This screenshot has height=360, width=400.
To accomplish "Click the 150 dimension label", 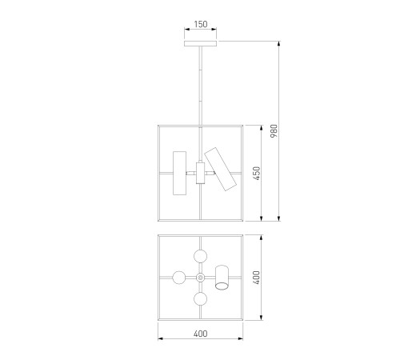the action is point(201,24).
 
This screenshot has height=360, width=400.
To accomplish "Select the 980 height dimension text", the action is point(274,131).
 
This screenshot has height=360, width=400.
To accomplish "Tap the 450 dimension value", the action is point(256,174).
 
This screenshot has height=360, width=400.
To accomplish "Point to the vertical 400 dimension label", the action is point(256,278).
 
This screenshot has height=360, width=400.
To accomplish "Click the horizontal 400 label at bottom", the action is point(201,334).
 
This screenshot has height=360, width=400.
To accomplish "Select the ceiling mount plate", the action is point(200,43).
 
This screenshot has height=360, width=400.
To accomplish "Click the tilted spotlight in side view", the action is point(220,169).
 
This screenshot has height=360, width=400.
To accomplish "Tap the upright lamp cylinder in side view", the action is point(179,173).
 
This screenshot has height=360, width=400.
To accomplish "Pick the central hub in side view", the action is point(200,173).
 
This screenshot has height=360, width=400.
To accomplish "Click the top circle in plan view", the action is point(201,256).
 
